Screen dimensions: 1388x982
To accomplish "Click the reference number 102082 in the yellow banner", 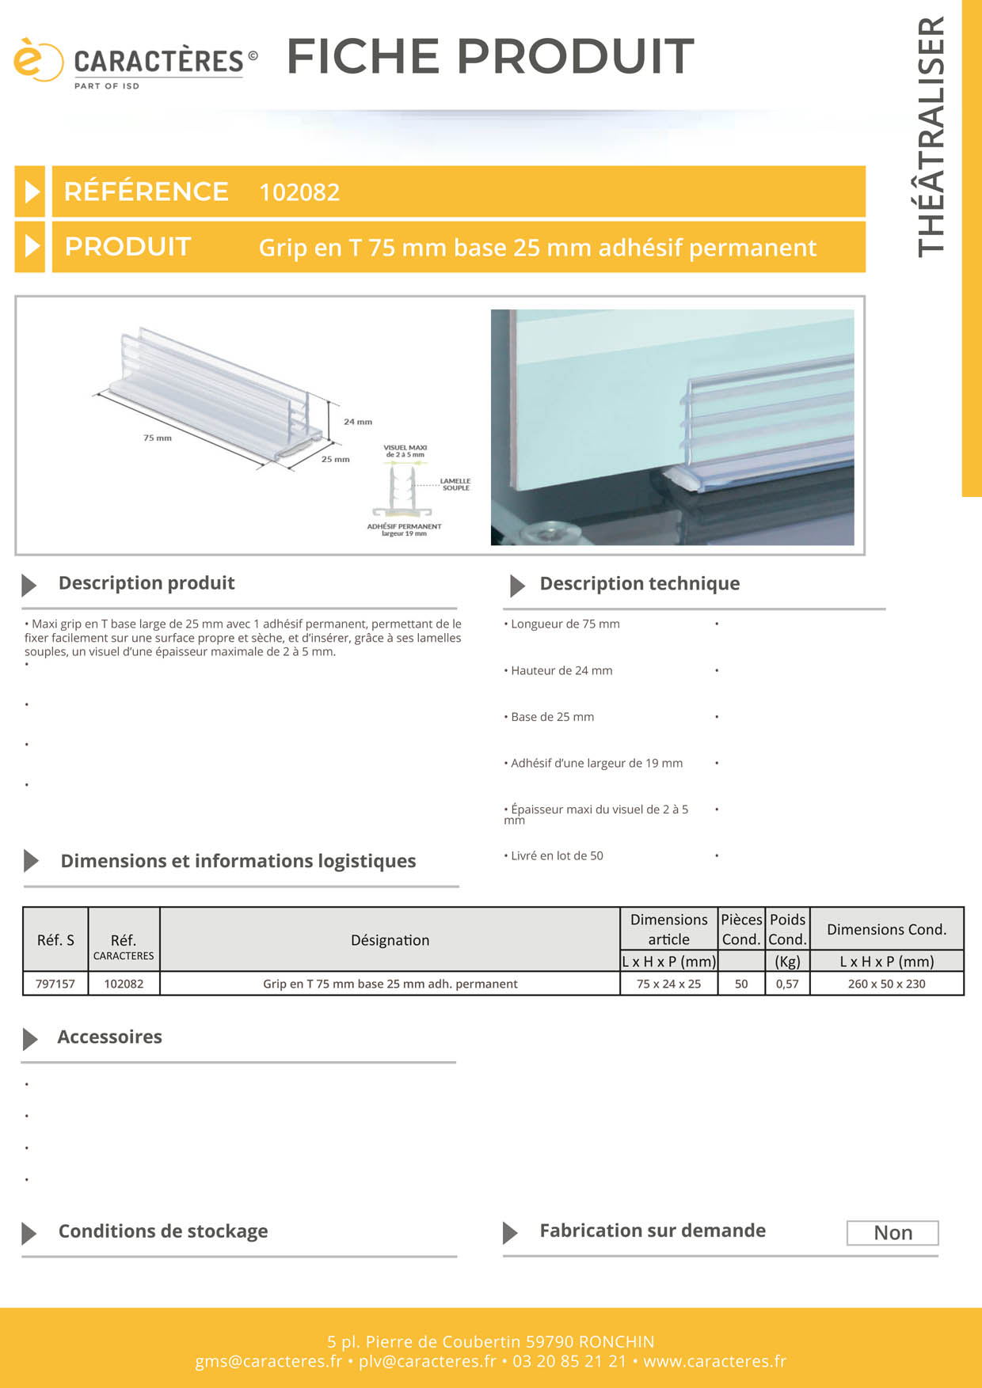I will click(x=299, y=192).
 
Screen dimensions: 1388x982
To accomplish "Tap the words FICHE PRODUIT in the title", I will click(x=490, y=56).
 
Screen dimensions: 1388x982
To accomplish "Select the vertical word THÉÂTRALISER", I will click(x=931, y=136).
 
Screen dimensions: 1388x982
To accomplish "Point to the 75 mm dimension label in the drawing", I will click(x=158, y=438).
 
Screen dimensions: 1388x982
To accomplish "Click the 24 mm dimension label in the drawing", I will click(x=358, y=422).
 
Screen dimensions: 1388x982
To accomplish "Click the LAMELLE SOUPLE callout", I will click(x=455, y=484).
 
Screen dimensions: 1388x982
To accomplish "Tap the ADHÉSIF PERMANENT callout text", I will click(x=404, y=527).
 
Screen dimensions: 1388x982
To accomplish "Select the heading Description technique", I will click(x=639, y=584).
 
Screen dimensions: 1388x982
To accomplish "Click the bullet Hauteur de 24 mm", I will click(x=561, y=671).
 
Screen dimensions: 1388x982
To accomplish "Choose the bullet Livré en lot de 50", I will click(x=557, y=856).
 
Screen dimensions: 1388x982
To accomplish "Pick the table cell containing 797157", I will click(x=55, y=984).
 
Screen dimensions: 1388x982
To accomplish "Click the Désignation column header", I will click(x=390, y=940).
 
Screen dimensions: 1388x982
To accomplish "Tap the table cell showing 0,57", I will click(x=787, y=984).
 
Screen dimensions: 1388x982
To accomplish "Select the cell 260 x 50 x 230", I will click(x=886, y=984).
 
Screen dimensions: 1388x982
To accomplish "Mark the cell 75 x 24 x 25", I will click(x=668, y=984).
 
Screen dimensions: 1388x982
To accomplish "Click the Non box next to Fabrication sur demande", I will click(x=893, y=1233).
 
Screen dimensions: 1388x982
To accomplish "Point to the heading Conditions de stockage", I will click(x=163, y=1231).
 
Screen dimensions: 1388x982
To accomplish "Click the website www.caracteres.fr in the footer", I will click(x=714, y=1361).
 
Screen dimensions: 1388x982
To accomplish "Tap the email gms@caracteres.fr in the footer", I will click(x=268, y=1361).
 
